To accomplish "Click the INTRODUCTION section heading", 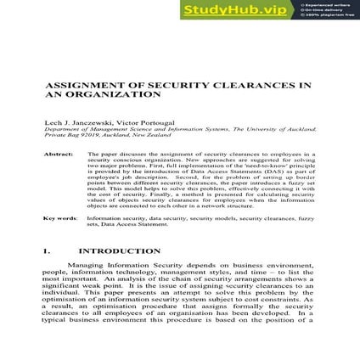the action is point(119,251).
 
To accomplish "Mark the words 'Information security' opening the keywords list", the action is point(105,218).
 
